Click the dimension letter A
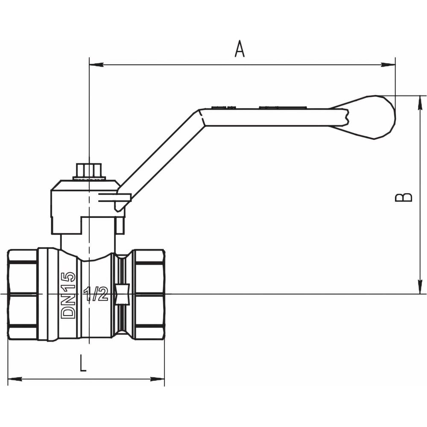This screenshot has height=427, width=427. point(240,49)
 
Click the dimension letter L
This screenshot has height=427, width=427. point(83,363)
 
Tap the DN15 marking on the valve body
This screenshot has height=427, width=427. point(68,295)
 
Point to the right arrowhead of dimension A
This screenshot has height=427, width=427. point(388,65)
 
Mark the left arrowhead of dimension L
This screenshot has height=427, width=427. point(15,379)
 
